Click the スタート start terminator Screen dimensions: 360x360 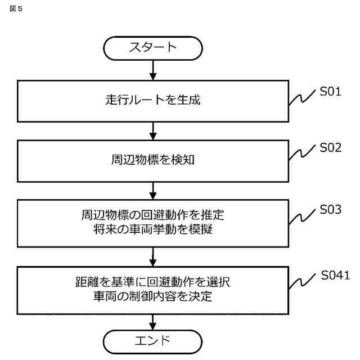[x=153, y=47]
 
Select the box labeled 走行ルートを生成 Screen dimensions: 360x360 [x=153, y=101]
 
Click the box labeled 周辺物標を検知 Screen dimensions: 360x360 [x=153, y=160]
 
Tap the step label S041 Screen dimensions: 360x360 [x=336, y=275]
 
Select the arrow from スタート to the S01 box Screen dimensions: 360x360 [x=153, y=70]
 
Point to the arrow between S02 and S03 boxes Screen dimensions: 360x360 [x=153, y=191]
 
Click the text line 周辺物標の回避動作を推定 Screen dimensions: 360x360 [x=153, y=215]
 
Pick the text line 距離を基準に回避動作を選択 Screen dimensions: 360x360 [x=153, y=281]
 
